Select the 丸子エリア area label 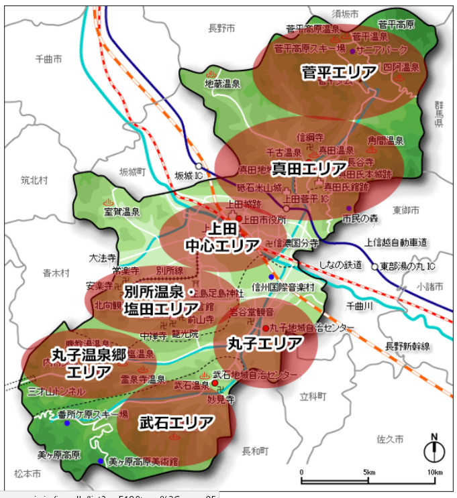265,344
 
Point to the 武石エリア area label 177,422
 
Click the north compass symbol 434,450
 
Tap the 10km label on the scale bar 435,473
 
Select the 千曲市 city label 49,59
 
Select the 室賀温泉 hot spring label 121,212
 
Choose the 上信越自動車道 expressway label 397,242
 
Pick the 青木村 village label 56,273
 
